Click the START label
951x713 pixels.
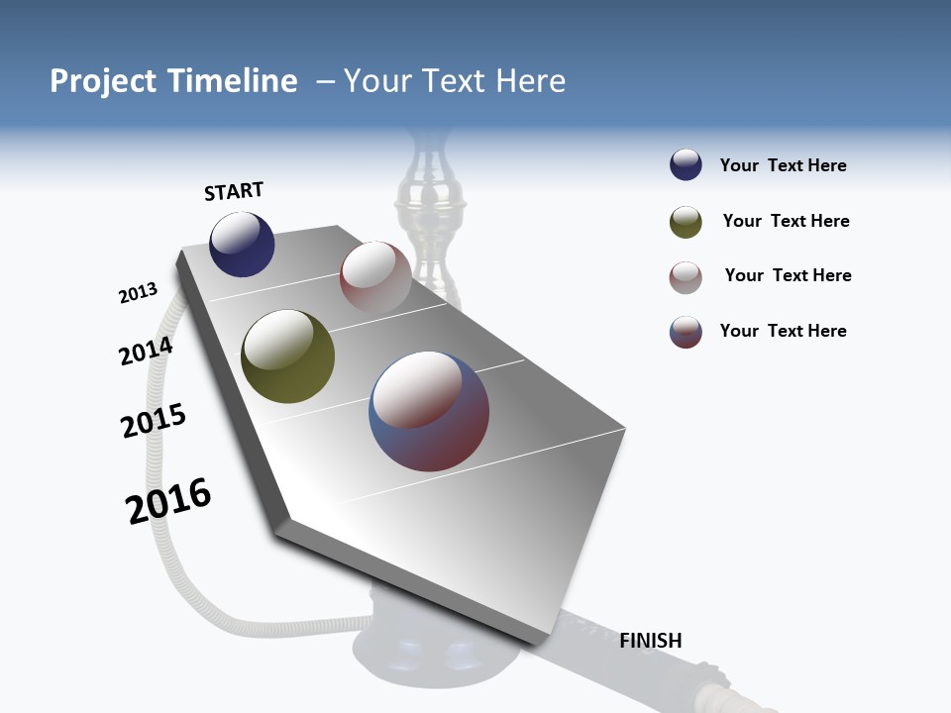click(x=234, y=191)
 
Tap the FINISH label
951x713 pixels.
click(x=651, y=641)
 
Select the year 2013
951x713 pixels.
click(x=138, y=293)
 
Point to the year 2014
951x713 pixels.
click(x=146, y=351)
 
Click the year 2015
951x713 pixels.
click(x=154, y=421)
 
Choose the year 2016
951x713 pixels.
click(x=168, y=501)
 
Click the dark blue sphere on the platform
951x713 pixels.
click(x=242, y=244)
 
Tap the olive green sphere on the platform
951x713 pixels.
click(x=287, y=356)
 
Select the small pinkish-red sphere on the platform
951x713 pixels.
click(x=375, y=276)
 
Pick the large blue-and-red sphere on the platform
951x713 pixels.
click(x=429, y=410)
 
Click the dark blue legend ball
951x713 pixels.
click(x=686, y=165)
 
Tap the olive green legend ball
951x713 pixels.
click(x=686, y=222)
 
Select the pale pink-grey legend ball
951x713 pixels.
click(x=686, y=277)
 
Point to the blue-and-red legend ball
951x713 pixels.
click(x=686, y=332)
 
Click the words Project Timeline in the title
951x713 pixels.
click(x=173, y=81)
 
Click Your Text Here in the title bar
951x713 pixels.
click(x=454, y=81)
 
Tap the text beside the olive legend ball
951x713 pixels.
click(x=786, y=221)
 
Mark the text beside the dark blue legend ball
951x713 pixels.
click(x=783, y=165)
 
